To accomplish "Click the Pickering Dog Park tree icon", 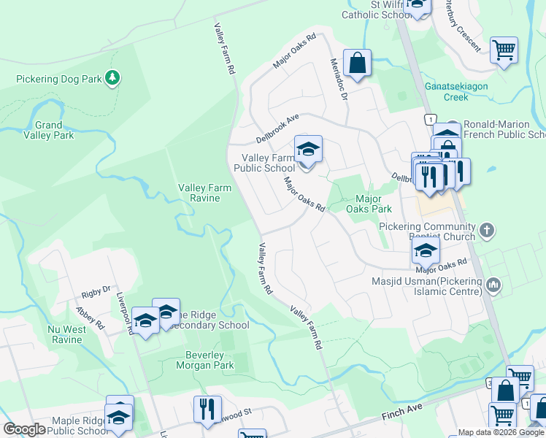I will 112,77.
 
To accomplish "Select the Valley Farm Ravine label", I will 205,193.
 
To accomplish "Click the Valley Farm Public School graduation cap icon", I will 308,151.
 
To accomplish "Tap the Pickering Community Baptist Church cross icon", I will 488,231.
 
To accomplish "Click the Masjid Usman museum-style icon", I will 493,284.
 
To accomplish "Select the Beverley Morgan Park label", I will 204,360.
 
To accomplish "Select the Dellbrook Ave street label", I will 278,128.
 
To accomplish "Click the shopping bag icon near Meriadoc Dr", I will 357,64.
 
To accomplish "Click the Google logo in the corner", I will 24,429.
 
